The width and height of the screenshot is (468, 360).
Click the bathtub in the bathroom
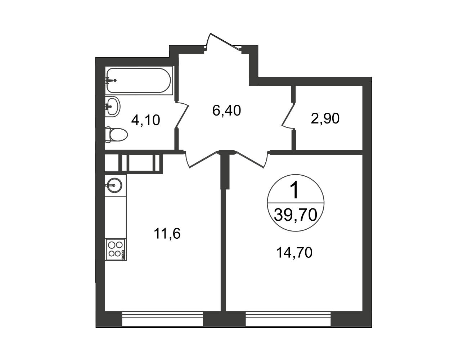(x=139, y=81)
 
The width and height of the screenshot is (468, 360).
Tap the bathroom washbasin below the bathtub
(x=112, y=107)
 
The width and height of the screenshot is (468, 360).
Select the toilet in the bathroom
(x=116, y=135)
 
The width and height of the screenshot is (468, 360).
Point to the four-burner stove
(x=116, y=249)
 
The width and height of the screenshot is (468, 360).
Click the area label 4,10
(x=145, y=120)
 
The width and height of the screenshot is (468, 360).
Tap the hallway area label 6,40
(x=226, y=111)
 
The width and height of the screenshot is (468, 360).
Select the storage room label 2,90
(x=325, y=118)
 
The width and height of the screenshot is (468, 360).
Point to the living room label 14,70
(x=294, y=253)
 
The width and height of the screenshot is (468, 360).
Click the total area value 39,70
(x=296, y=215)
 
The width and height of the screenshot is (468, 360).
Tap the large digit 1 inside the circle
(x=294, y=190)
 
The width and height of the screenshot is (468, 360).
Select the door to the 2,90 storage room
(x=288, y=116)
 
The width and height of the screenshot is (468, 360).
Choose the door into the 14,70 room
(x=252, y=159)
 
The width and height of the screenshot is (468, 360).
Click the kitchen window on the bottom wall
(x=162, y=319)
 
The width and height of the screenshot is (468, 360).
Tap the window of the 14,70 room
(x=288, y=319)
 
